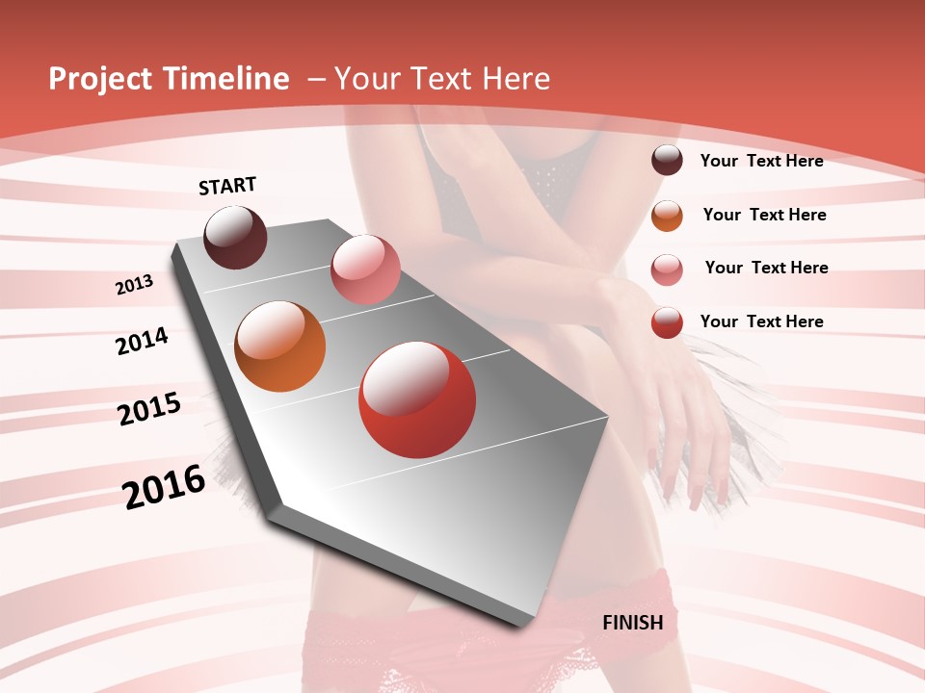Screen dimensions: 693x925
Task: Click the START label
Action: [227, 186]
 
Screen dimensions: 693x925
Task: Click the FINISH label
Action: [633, 623]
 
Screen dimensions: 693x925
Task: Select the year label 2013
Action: [135, 285]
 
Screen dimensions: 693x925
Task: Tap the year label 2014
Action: [143, 341]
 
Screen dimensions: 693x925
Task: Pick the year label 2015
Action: [149, 409]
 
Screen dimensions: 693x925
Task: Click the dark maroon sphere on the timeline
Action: [236, 237]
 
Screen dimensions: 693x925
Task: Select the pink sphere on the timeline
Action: [365, 269]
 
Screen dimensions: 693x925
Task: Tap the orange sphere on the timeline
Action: [280, 346]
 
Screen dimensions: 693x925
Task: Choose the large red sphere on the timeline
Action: [417, 399]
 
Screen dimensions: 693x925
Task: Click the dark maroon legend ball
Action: [667, 160]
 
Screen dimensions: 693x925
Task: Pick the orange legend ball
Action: [667, 216]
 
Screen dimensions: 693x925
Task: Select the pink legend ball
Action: [667, 269]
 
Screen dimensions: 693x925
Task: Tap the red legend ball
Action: [667, 322]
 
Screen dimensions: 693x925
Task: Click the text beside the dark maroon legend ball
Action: [761, 162]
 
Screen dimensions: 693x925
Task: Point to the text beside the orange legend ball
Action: [764, 215]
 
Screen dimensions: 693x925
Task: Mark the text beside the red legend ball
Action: [761, 321]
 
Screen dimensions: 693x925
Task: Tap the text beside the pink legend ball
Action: [766, 268]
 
